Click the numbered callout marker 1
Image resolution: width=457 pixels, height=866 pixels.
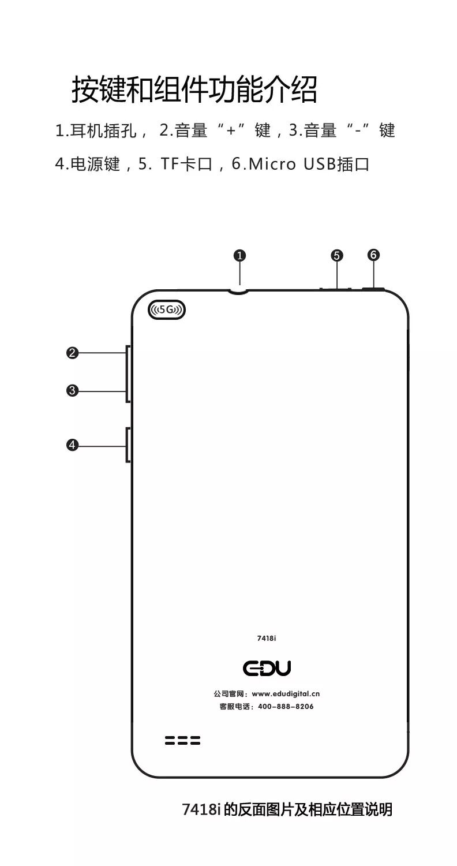240,255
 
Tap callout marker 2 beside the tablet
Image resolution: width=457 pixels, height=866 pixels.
72,353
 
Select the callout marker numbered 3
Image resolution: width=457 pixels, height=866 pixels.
72,391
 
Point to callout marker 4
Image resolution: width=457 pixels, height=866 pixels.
72,445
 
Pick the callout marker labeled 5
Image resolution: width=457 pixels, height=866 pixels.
337,255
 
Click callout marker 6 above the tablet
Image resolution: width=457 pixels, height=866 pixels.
374,255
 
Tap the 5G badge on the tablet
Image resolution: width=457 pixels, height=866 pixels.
167,310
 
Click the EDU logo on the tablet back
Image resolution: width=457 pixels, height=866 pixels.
267,668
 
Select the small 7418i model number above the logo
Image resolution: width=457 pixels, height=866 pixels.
267,639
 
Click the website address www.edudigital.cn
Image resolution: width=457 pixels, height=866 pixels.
286,694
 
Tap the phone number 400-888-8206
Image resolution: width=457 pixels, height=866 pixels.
286,707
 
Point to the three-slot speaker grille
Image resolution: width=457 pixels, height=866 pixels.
182,740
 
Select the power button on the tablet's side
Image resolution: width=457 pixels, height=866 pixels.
128,445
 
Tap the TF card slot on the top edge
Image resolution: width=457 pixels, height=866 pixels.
336,288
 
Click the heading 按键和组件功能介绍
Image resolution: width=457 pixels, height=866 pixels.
194,90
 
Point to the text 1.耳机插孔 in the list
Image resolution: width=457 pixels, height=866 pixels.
96,131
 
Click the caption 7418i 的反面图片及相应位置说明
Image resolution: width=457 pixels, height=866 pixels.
287,809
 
